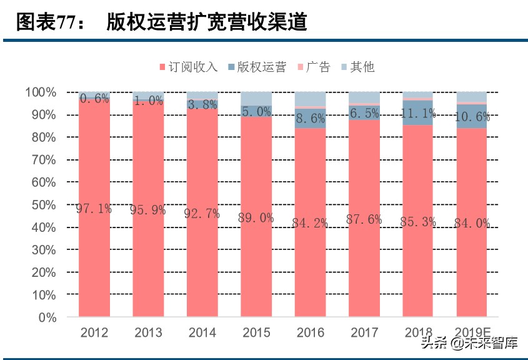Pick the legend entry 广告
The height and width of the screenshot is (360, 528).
point(318,67)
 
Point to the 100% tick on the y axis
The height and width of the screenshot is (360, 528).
point(41,92)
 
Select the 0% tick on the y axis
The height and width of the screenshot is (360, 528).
point(47,317)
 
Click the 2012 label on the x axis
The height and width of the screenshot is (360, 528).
point(94,332)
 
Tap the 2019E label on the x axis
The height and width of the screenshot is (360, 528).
point(472,332)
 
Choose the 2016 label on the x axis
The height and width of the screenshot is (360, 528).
point(310,332)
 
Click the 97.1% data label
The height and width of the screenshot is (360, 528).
point(94,209)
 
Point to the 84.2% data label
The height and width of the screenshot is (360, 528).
point(310,223)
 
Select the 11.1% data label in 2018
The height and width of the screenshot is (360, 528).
point(418,113)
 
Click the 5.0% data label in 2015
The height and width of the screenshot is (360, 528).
point(256,112)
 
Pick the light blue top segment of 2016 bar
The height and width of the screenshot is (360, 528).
point(310,99)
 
